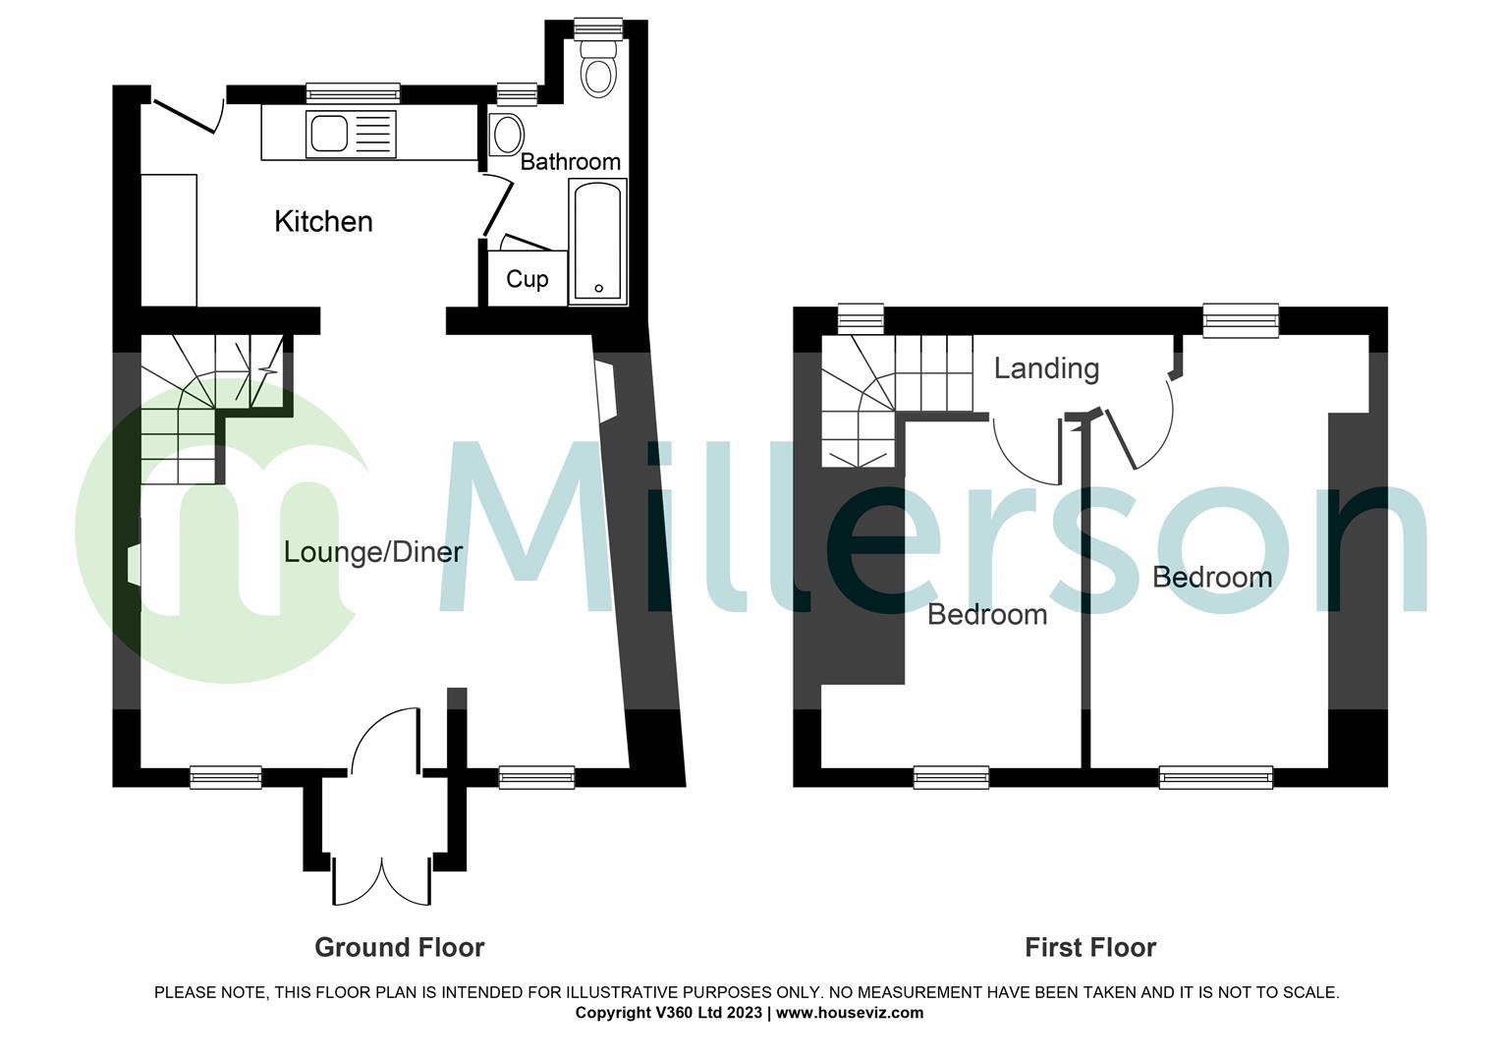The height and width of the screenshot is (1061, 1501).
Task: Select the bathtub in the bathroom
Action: pos(596,242)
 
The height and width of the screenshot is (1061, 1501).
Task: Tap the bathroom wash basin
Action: pos(507,135)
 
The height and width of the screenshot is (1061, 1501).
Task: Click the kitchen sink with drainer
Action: pos(352,135)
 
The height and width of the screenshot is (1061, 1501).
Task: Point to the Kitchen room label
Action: pos(323,222)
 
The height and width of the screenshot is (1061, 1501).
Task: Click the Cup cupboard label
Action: pos(527,280)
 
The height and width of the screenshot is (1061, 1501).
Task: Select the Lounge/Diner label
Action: pos(372,552)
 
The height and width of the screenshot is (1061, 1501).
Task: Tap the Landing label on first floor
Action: pos(1046,368)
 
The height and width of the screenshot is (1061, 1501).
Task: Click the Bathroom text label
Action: pos(570,162)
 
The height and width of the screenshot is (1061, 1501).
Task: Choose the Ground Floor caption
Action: pos(399,947)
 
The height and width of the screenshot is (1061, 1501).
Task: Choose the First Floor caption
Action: pos(1089,947)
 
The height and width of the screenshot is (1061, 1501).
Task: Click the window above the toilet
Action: pos(598,28)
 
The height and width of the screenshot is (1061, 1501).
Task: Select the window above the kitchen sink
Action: pos(353,93)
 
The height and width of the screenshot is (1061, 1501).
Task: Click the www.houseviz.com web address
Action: pos(850,1013)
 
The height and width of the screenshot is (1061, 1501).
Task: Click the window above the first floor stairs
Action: pos(861,319)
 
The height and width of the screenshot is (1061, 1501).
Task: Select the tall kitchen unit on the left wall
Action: pos(169,240)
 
